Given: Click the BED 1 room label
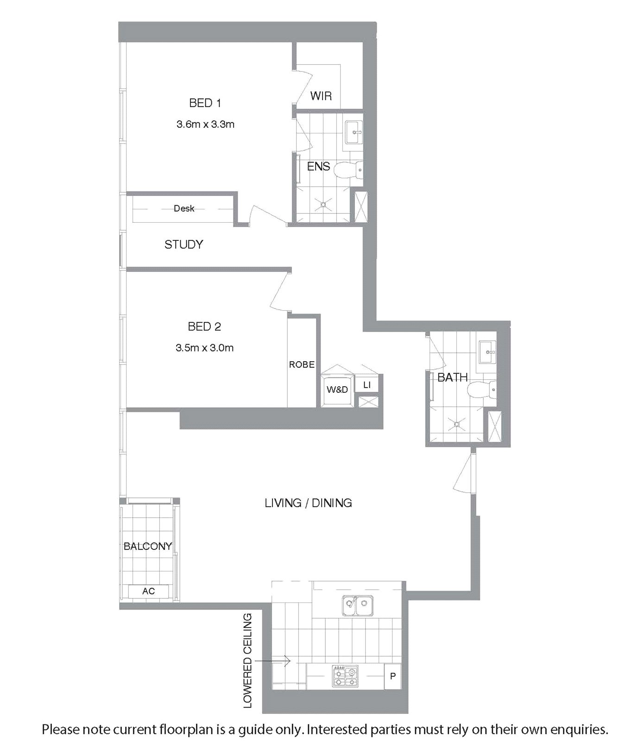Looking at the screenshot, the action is pyautogui.click(x=205, y=103).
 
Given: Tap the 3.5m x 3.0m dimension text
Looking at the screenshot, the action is pyautogui.click(x=204, y=348).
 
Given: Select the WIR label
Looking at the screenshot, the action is pyautogui.click(x=321, y=96).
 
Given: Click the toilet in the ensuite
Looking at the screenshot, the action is pyautogui.click(x=348, y=170).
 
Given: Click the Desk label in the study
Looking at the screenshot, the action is pyautogui.click(x=184, y=208).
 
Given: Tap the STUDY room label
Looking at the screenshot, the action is pyautogui.click(x=183, y=244).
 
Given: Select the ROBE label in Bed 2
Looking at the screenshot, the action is pyautogui.click(x=302, y=364).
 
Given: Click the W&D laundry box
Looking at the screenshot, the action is pyautogui.click(x=337, y=389).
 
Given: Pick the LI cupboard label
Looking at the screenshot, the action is pyautogui.click(x=367, y=385).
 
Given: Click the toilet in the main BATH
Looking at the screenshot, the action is pyautogui.click(x=482, y=390).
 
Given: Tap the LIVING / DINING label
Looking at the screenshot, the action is pyautogui.click(x=308, y=503).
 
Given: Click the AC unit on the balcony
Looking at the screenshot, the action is pyautogui.click(x=148, y=591).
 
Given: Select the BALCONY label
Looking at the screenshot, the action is pyautogui.click(x=148, y=546).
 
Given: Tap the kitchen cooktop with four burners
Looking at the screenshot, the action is pyautogui.click(x=345, y=676).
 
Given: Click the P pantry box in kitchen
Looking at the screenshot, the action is pyautogui.click(x=392, y=677).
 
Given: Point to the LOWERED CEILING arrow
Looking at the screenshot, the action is pyautogui.click(x=272, y=661).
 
